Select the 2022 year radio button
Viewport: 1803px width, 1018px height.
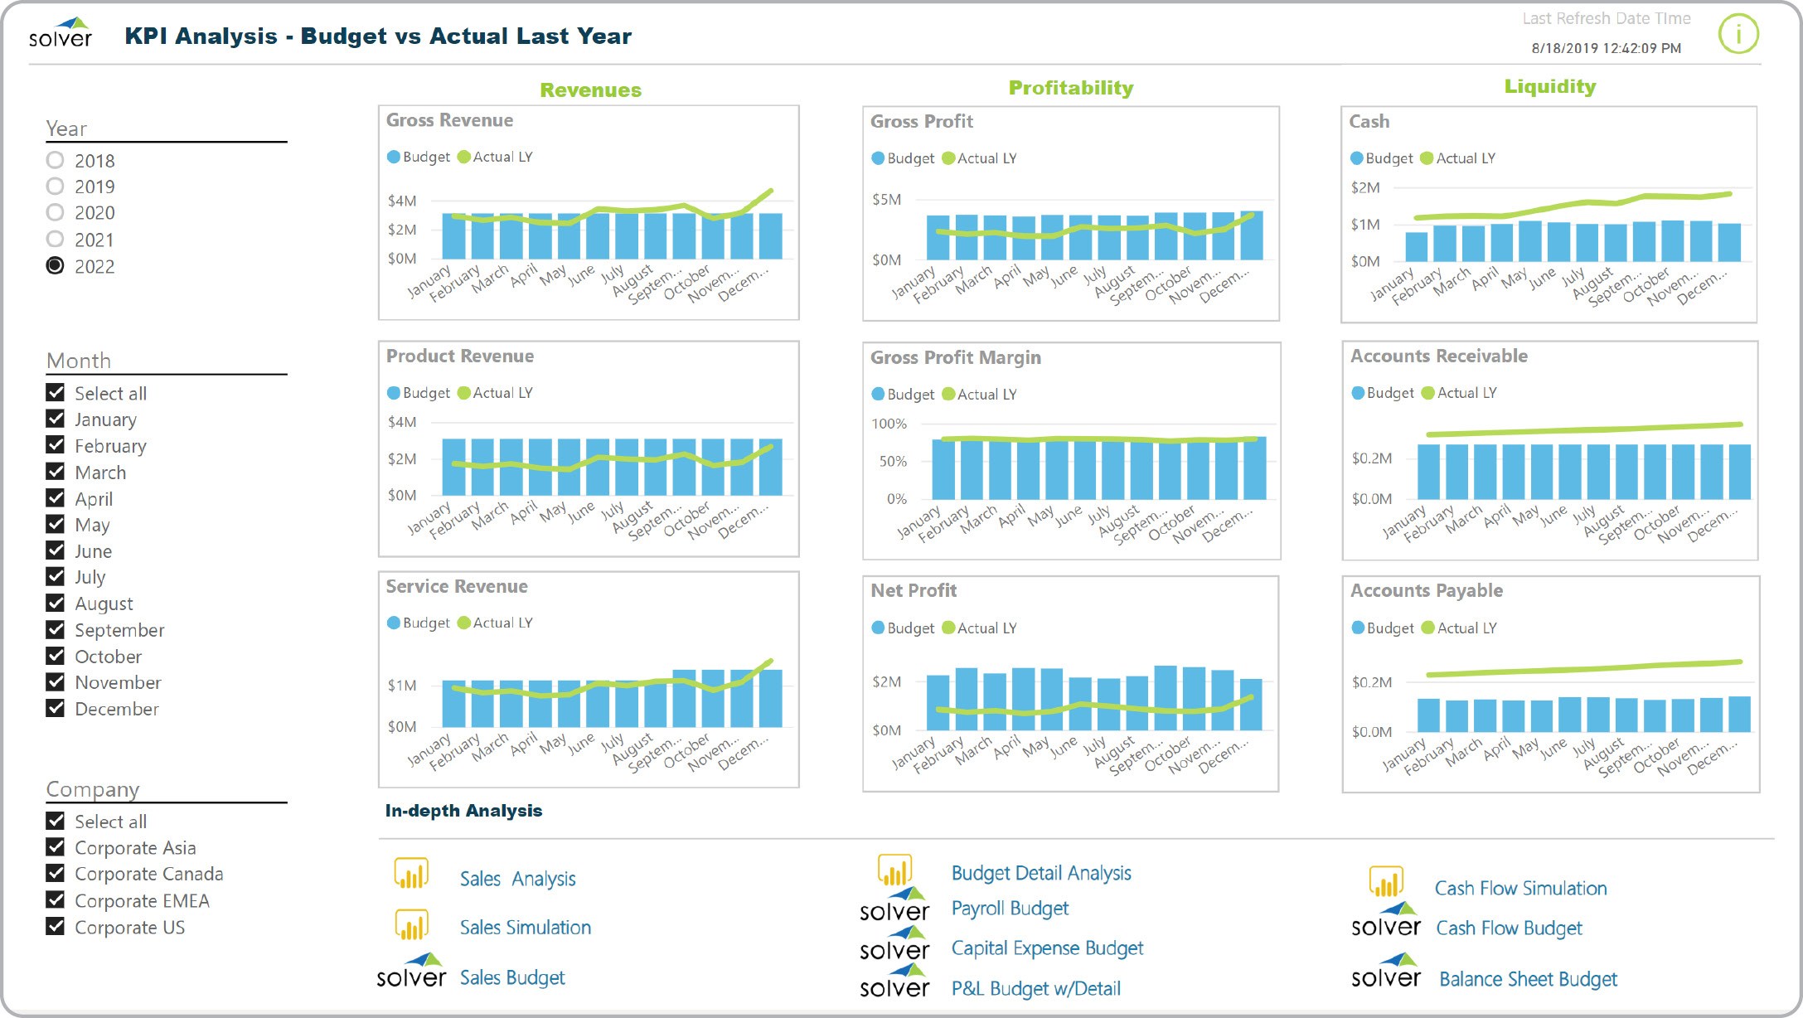[55, 266]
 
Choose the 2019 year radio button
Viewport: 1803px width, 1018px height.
[55, 187]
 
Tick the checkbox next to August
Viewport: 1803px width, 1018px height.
[56, 604]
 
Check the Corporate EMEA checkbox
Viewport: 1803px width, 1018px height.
[56, 900]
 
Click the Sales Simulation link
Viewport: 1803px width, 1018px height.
[525, 928]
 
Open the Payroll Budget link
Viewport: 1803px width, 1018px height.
[1010, 909]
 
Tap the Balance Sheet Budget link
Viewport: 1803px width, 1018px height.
[1528, 980]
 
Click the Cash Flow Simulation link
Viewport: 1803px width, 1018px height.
[1520, 889]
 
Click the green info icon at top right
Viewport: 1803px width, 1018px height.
[1738, 35]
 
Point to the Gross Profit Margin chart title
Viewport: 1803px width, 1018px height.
[955, 357]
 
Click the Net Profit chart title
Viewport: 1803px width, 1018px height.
[913, 590]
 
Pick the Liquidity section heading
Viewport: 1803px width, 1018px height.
[1549, 86]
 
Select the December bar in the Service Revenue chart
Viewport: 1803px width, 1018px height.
[771, 698]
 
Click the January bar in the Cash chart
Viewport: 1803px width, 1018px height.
[1417, 247]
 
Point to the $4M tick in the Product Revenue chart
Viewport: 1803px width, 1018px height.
[402, 422]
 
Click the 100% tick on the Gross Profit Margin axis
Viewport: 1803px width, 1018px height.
[889, 424]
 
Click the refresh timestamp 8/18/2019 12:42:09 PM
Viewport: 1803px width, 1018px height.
[1606, 48]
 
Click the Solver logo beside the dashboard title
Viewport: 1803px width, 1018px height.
[61, 33]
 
